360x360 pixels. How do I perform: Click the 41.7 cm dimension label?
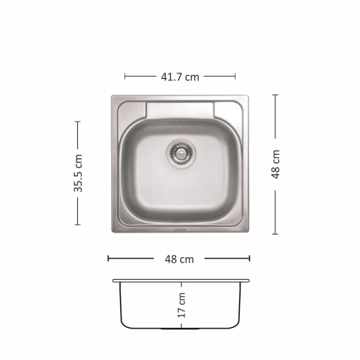click(180, 76)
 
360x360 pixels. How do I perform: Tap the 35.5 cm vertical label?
click(78, 173)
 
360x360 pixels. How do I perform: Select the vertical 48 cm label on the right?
click(275, 163)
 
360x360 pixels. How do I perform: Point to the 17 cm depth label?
click(181, 306)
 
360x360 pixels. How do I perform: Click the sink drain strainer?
click(181, 152)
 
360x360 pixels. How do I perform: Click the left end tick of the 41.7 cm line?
click(124, 76)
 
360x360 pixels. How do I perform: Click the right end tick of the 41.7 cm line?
click(235, 76)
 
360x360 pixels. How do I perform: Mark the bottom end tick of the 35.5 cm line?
click(78, 223)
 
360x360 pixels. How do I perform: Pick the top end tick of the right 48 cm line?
click(275, 94)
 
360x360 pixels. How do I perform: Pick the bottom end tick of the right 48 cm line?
click(275, 233)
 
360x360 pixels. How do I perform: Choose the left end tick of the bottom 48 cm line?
click(109, 258)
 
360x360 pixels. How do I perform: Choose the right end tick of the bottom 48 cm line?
click(250, 258)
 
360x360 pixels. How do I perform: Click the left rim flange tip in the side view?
click(114, 281)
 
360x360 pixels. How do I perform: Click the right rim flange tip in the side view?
click(248, 281)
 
